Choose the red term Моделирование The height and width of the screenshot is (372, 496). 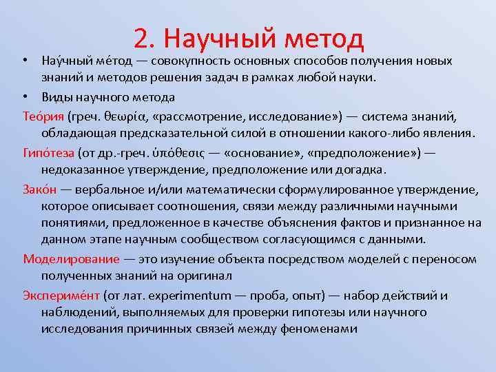point(70,259)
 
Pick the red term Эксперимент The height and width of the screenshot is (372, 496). point(61,295)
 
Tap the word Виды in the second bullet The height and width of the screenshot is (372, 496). point(56,97)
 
